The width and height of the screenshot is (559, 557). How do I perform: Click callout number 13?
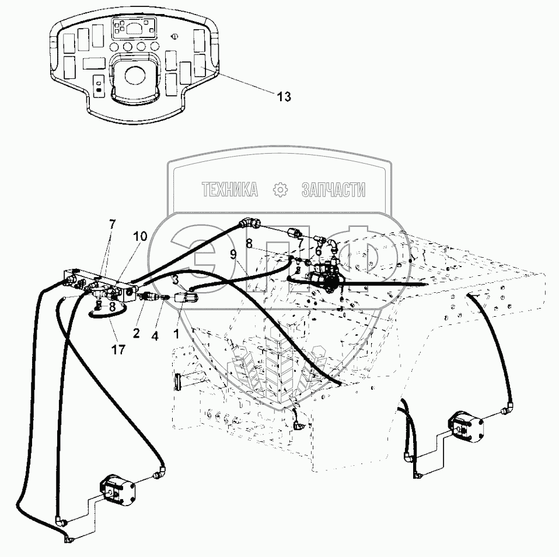click(x=284, y=97)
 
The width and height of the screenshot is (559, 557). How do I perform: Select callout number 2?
click(x=135, y=333)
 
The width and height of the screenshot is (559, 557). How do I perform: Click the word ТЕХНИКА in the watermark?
click(x=230, y=189)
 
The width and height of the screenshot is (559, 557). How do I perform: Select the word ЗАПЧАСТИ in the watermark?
click(x=333, y=189)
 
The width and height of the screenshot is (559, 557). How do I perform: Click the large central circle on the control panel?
click(x=135, y=75)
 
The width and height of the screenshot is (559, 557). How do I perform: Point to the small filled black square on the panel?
click(x=99, y=91)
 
